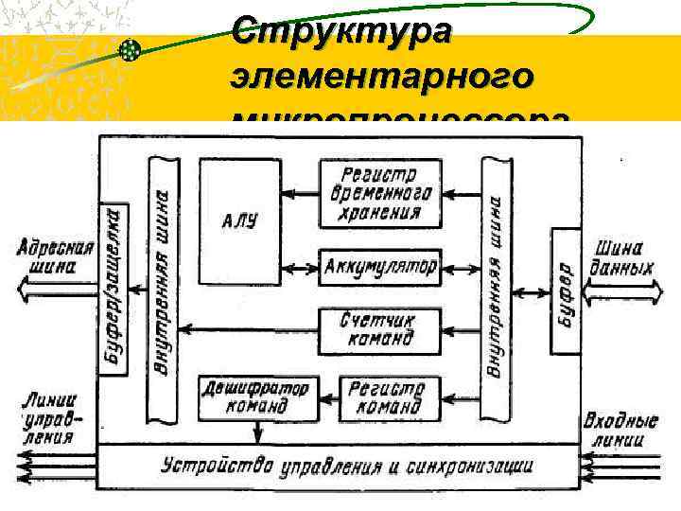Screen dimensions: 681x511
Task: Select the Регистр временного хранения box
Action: [377, 192]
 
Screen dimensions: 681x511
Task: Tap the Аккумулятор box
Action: [379, 267]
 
